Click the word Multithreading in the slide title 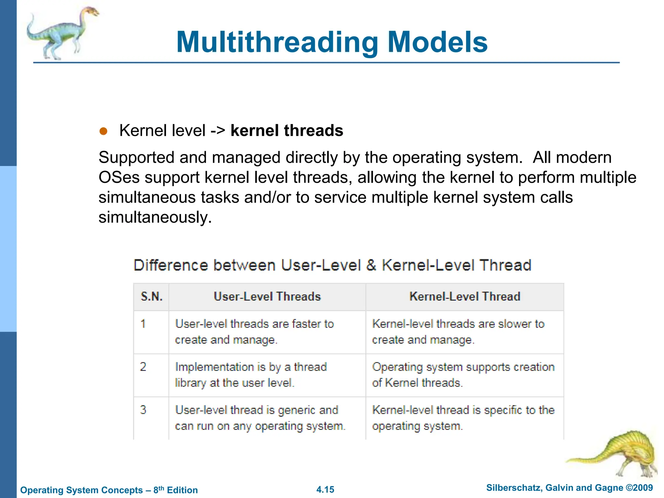(277, 42)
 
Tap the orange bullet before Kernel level (103, 131)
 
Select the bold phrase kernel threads (287, 131)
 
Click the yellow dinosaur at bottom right (622, 454)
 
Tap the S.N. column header (151, 297)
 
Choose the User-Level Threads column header (267, 297)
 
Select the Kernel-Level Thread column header (465, 297)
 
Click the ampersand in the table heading (371, 265)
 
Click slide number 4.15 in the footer (325, 490)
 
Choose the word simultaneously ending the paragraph (155, 218)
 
